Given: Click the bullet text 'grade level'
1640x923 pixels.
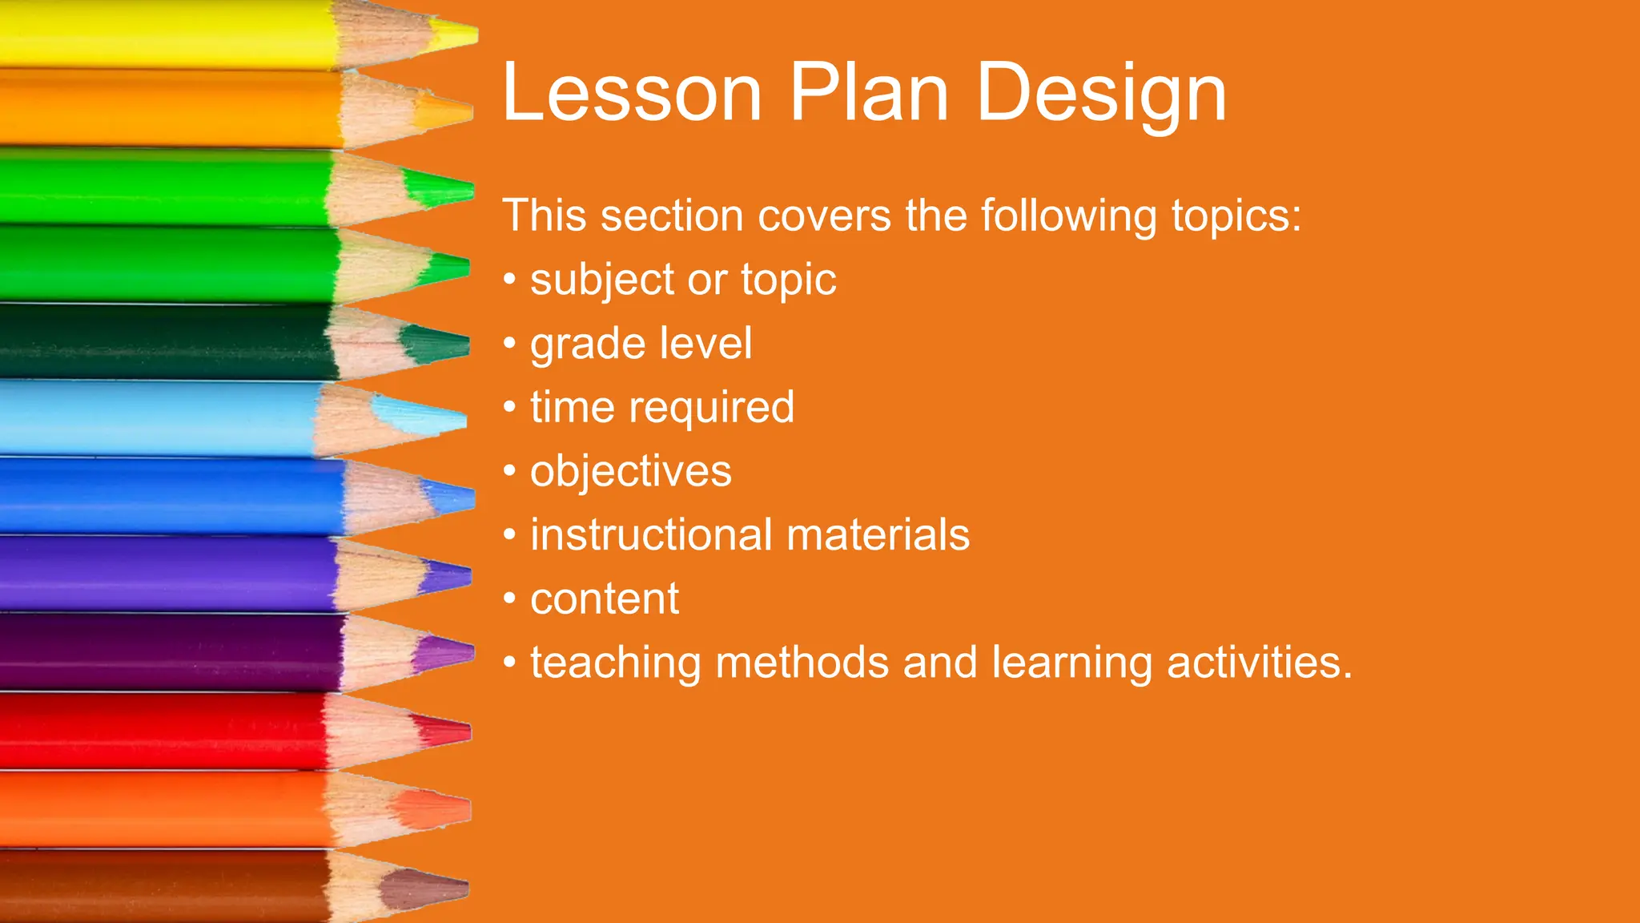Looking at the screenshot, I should [x=641, y=344].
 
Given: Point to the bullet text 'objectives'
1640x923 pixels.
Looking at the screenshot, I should [x=630, y=471].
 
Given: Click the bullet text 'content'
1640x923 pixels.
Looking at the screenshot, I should [x=605, y=599].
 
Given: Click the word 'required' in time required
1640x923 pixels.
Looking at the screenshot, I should [x=711, y=408].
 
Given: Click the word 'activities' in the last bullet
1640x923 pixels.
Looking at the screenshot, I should [x=1259, y=663].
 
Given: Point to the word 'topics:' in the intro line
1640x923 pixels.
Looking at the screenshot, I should [x=1236, y=216].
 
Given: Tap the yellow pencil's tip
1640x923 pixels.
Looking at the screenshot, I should [x=456, y=35].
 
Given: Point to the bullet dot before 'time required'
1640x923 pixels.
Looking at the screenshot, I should [x=510, y=406].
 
